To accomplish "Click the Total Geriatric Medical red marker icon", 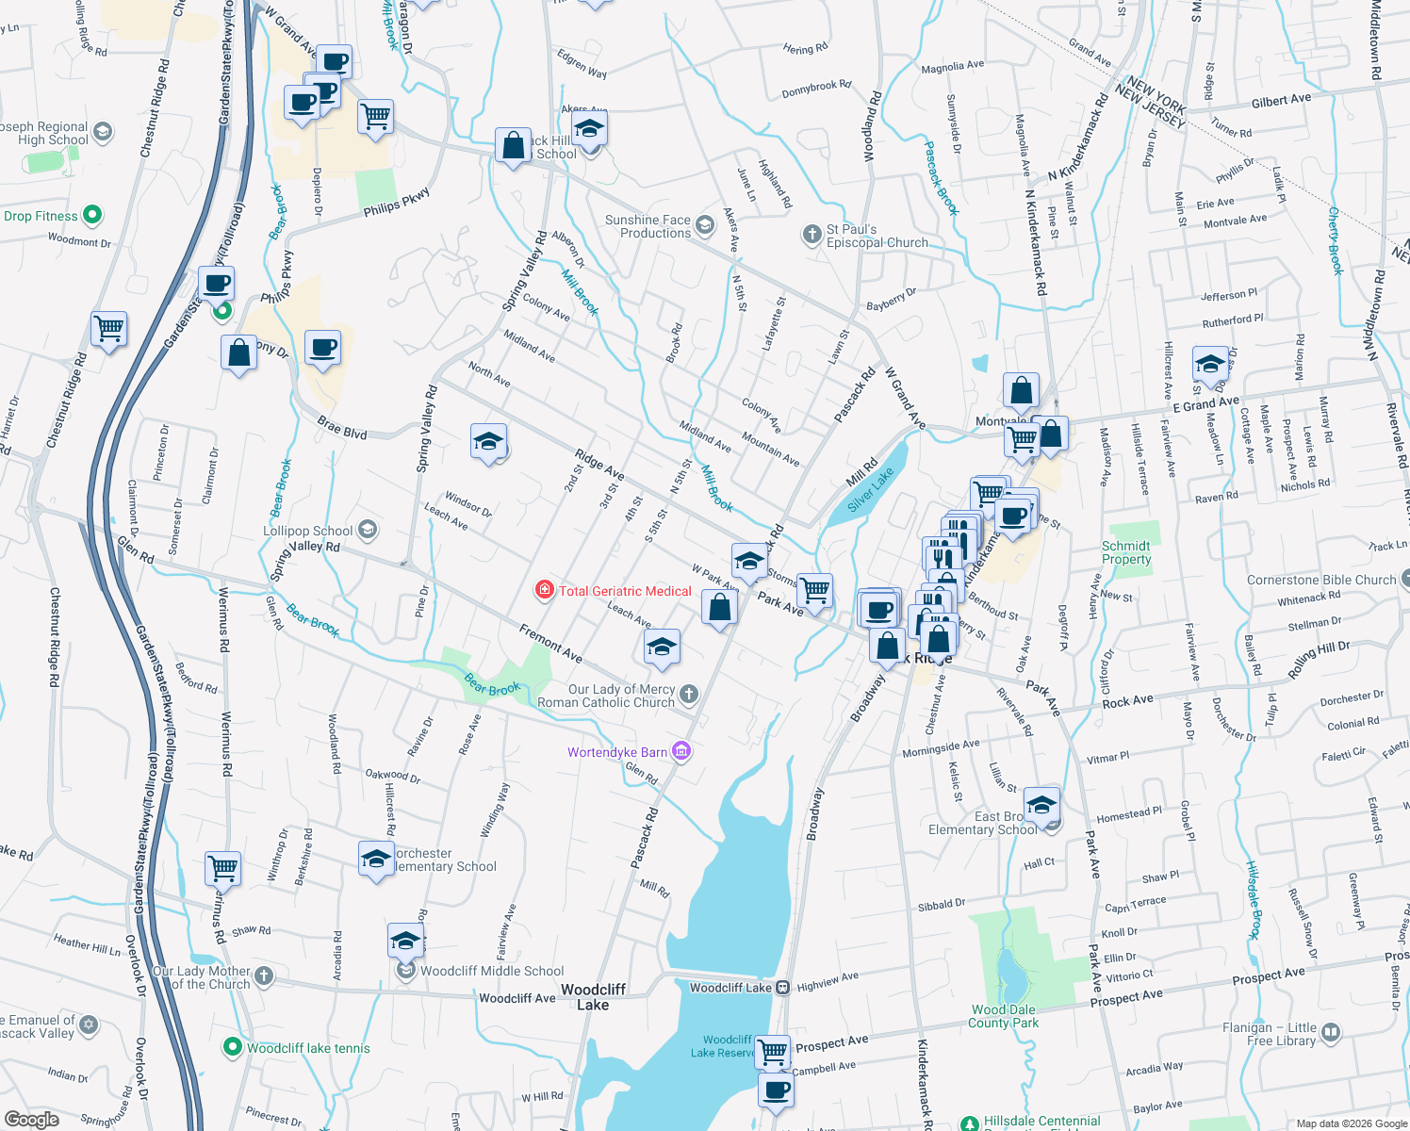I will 544,591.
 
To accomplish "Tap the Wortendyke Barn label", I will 617,752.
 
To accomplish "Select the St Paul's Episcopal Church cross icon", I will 812,235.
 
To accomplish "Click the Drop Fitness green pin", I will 92,215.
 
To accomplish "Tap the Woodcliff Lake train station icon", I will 782,988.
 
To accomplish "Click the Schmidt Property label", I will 1126,552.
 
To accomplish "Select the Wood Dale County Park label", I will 1004,1016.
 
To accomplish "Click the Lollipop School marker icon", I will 368,530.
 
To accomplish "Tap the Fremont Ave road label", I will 551,642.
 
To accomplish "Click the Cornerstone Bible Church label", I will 1321,581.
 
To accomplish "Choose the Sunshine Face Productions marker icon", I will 705,225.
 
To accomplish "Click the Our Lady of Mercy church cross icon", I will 689,696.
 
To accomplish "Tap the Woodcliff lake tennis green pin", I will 232,1047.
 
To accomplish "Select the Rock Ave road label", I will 1127,701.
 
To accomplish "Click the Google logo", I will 32,1120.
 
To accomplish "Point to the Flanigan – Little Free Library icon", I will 1331,1033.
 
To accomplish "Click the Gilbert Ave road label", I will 1281,101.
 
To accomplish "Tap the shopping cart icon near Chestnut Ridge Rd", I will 109,330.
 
